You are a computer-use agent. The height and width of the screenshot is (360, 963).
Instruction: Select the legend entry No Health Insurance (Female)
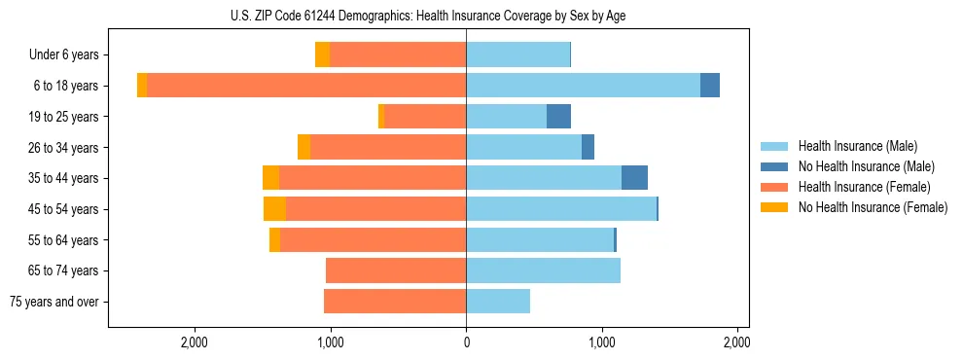tap(872, 207)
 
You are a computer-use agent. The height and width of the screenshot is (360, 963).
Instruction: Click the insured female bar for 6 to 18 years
tap(306, 86)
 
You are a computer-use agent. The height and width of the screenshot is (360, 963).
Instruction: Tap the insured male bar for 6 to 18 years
tap(584, 86)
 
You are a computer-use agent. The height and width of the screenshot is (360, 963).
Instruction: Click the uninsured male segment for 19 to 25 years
tap(558, 117)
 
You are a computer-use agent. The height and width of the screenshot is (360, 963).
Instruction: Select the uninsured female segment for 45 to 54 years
tap(274, 209)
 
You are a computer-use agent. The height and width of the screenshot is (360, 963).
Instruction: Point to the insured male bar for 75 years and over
tap(498, 302)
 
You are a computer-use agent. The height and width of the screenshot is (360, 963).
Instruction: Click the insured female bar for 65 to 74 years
tap(396, 270)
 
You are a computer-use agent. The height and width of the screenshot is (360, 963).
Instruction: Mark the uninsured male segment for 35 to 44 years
tap(634, 178)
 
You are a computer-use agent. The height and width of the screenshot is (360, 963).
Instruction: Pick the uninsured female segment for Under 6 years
tap(322, 55)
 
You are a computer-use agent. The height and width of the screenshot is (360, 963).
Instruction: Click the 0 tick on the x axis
tap(466, 342)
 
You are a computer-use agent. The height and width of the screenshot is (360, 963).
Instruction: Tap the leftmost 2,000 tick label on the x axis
tap(195, 342)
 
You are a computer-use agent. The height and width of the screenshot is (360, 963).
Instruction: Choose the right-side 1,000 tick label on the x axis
tap(602, 342)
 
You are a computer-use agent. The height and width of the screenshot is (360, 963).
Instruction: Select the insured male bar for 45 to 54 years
tap(561, 209)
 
